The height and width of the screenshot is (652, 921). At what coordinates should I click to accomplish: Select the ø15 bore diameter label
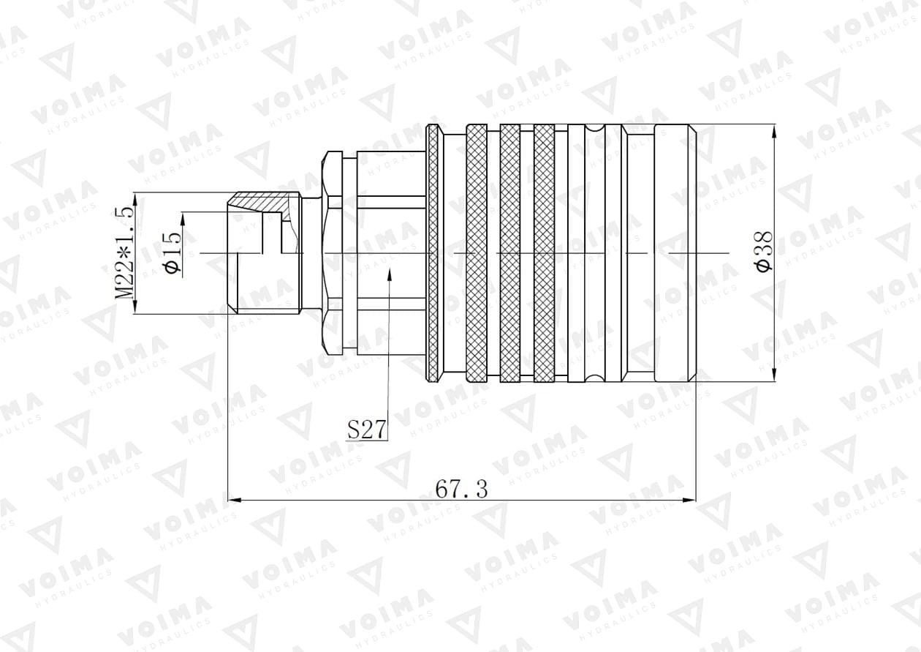click(x=173, y=252)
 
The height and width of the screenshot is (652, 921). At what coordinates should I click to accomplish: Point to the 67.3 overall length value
click(x=462, y=490)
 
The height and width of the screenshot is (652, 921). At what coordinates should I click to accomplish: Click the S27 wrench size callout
click(x=367, y=430)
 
